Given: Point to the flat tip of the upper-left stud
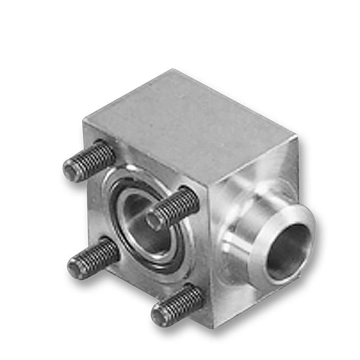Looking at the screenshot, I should (71, 173).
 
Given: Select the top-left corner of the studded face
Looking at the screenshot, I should (84, 123).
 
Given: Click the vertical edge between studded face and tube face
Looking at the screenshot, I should (212, 252).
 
